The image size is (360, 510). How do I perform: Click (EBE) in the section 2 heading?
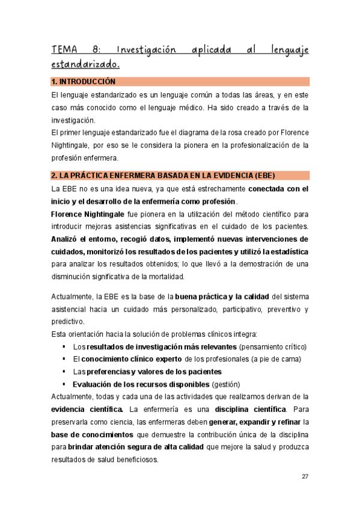(263, 176)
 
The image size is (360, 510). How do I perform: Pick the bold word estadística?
(286, 251)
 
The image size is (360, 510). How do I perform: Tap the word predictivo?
(67, 322)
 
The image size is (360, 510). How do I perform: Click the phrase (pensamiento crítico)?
(272, 347)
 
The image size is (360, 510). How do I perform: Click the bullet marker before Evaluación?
(64, 384)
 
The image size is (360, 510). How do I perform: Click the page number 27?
(305, 476)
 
